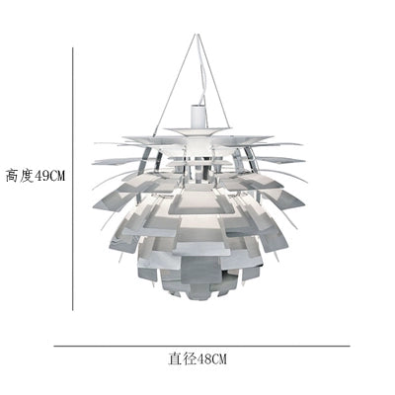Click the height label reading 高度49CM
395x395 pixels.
pos(36,176)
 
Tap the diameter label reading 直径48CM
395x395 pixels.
pos(197,358)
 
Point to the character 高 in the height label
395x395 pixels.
pos(12,176)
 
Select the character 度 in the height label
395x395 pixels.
pos(27,176)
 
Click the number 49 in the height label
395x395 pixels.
pos(41,177)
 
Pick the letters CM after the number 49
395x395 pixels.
pos(57,177)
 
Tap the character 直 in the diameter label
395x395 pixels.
pos(175,358)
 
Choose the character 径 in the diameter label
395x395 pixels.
pos(190,358)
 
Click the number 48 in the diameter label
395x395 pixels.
pos(204,358)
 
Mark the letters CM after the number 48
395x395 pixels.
pos(219,358)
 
